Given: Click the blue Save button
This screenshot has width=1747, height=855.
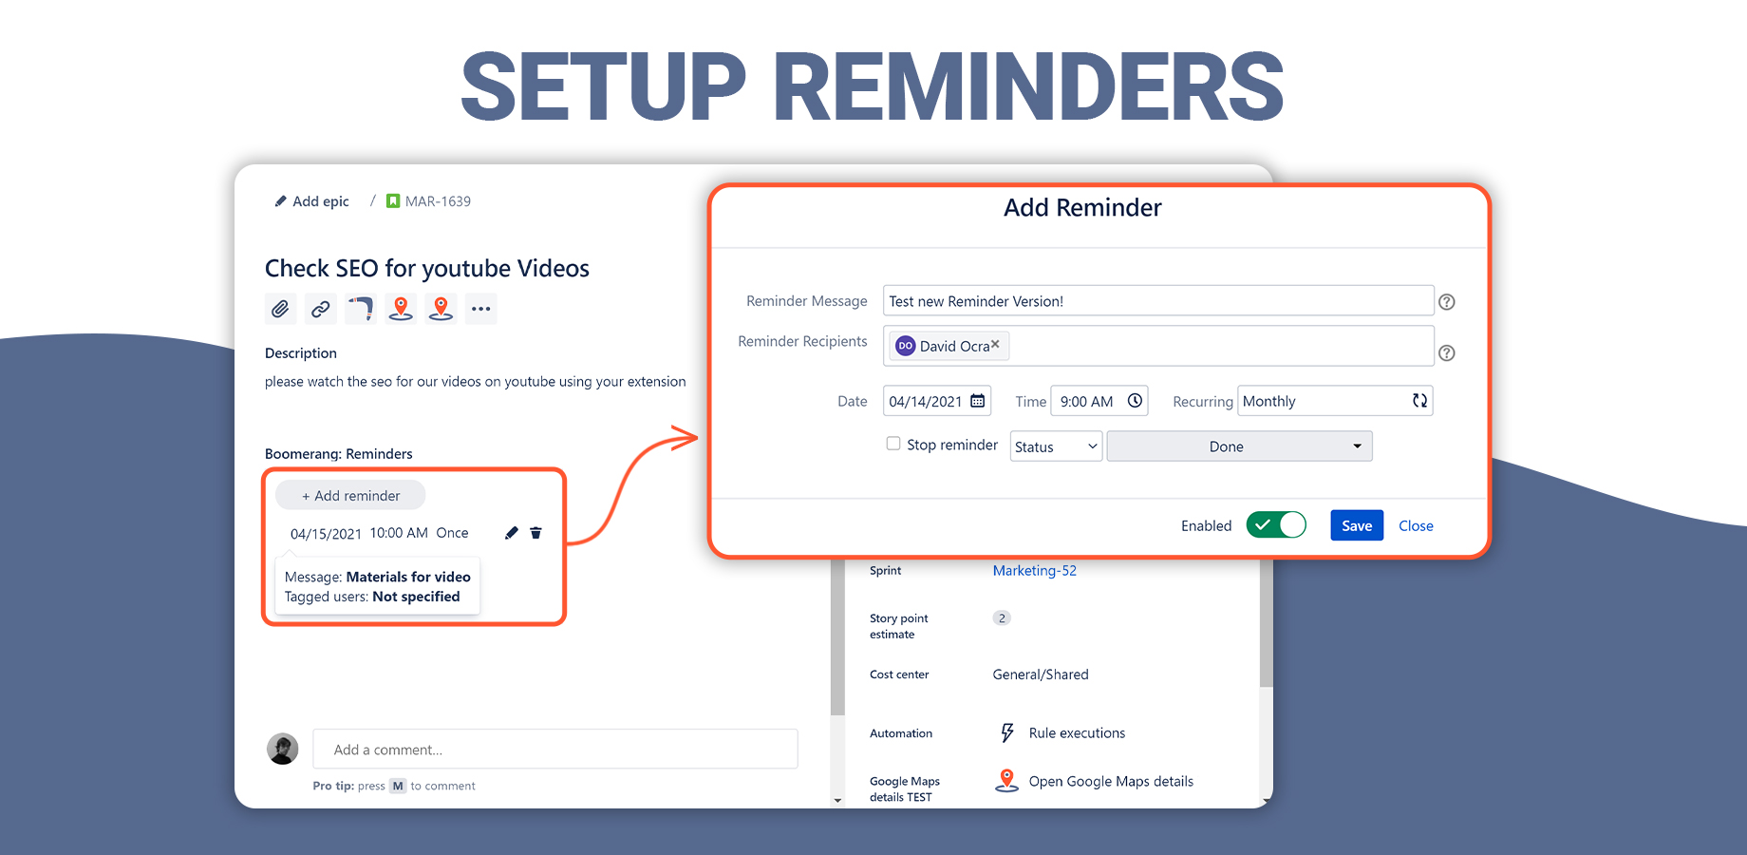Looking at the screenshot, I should [1356, 525].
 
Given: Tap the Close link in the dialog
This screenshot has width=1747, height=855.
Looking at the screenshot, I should [1416, 525].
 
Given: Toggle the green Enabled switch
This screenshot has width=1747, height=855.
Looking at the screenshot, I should [1276, 524].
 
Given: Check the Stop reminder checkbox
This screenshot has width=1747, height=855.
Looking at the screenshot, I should [893, 444].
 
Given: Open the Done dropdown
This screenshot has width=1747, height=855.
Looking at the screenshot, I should [1239, 446].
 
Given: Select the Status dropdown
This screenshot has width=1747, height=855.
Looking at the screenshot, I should [1056, 446].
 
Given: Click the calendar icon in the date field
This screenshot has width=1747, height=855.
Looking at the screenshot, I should [978, 401].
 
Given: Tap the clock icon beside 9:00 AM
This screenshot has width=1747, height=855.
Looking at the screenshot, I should [1135, 401].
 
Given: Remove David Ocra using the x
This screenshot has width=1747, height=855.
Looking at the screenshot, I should [995, 345].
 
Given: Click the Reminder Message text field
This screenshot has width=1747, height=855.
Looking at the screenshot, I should [1157, 301].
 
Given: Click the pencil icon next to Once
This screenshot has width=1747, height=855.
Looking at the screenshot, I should [512, 533].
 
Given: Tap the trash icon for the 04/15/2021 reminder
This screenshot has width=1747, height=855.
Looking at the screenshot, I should [535, 533].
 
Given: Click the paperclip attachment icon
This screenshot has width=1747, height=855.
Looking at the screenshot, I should [280, 309].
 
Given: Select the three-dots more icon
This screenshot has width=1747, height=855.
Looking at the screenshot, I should [481, 309].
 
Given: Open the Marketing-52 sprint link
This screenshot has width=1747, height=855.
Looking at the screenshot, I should [1034, 571].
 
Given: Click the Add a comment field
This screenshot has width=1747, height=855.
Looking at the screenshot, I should [554, 750].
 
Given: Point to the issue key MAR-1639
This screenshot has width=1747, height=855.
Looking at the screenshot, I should [438, 201].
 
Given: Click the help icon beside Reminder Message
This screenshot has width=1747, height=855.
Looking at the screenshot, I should [1447, 302].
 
